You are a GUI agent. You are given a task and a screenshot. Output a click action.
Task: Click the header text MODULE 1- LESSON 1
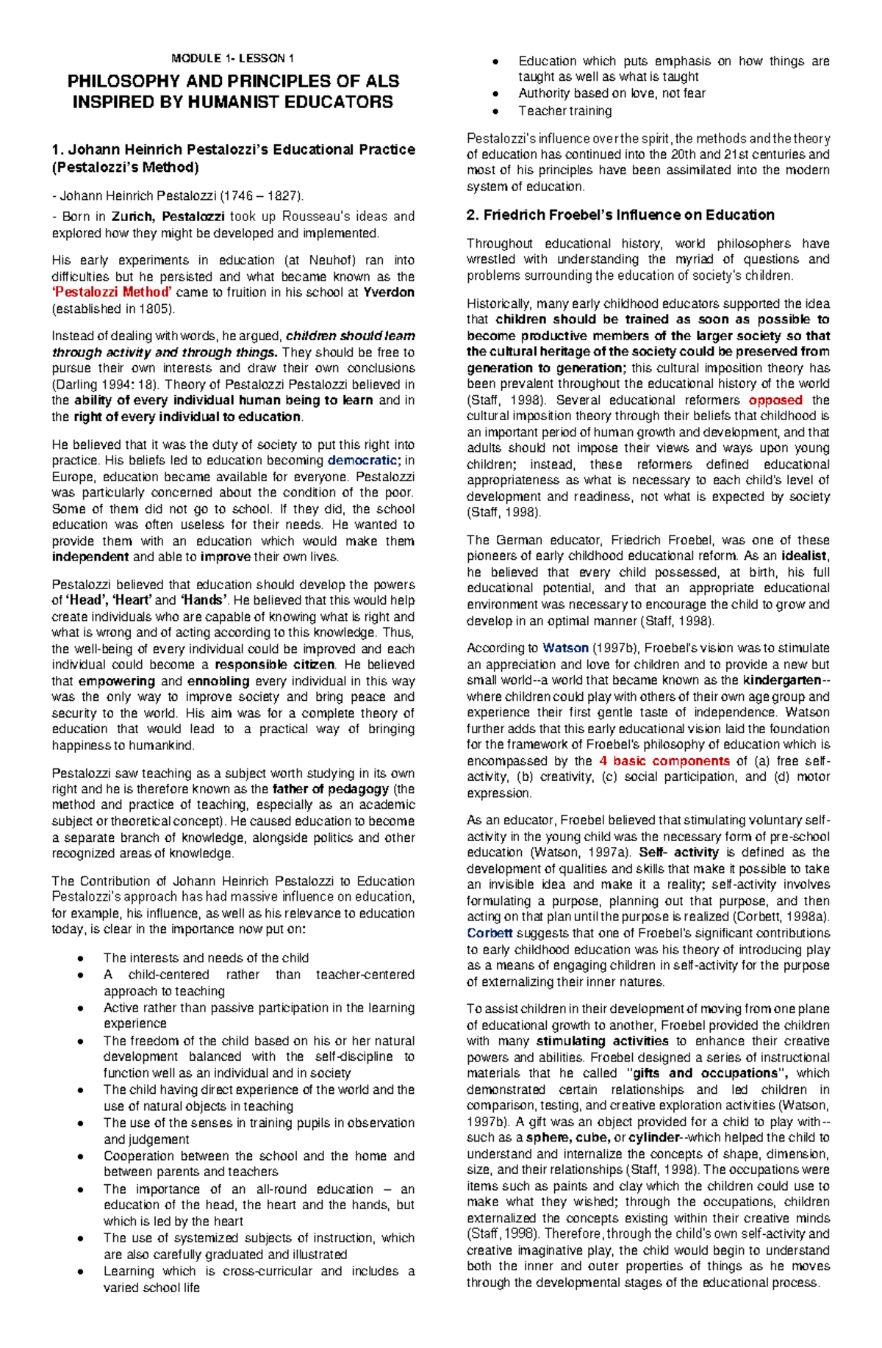pos(233,59)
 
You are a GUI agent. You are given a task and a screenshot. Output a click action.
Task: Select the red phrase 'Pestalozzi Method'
pos(111,292)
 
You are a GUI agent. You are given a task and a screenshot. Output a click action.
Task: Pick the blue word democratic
pos(363,461)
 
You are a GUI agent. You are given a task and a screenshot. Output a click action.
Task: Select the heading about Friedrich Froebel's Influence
pos(620,215)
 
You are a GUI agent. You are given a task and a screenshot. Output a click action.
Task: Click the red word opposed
pos(775,400)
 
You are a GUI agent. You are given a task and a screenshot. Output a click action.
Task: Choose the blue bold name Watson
pos(565,648)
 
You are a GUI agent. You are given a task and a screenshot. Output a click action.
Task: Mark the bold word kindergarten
pos(781,680)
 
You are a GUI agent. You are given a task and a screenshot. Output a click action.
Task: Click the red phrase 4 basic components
pos(664,761)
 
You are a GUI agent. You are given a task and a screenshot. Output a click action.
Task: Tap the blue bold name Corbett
pos(490,933)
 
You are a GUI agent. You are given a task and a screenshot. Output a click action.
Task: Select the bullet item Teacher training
pos(564,111)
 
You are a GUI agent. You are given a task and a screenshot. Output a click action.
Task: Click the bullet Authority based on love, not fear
pos(612,93)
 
